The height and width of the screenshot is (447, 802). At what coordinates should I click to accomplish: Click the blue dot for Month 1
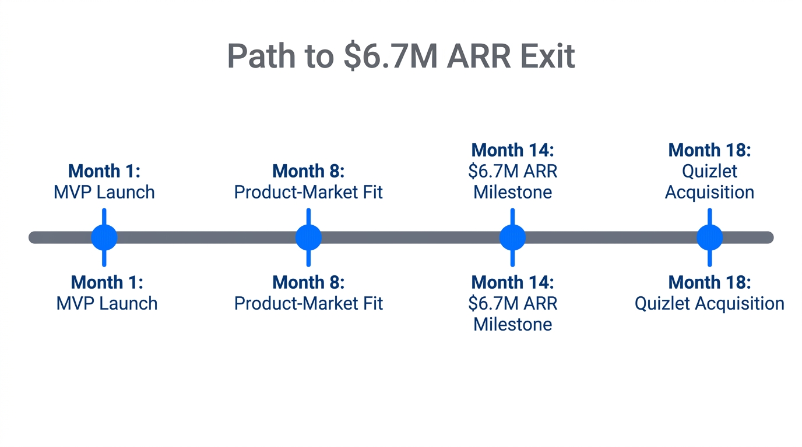coord(104,237)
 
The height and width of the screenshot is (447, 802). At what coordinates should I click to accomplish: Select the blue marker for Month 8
coord(308,237)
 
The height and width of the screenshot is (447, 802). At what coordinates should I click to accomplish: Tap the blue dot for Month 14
coord(512,237)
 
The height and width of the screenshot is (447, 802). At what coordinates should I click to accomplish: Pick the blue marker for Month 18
coord(709,237)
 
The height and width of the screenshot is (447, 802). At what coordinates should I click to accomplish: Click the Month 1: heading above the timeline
coord(104,171)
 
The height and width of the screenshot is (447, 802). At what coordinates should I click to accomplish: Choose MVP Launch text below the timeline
coord(107,303)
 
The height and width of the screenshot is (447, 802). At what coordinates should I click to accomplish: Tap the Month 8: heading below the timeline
coord(308,282)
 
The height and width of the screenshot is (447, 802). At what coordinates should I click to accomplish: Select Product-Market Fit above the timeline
coord(308,192)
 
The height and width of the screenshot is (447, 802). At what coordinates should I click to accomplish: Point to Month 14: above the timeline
coord(512,150)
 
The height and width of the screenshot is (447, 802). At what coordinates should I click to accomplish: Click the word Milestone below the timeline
coord(512,324)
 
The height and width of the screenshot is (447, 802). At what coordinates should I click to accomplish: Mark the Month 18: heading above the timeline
coord(709,150)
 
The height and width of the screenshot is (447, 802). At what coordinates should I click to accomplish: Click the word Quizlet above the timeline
coord(709,171)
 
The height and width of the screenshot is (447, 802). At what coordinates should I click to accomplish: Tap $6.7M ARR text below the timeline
coord(512,303)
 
